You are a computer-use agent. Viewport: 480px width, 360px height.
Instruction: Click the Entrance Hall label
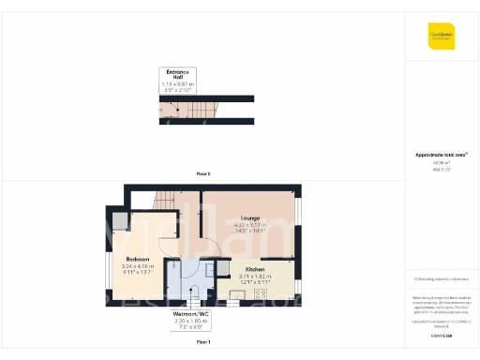click(x=178, y=74)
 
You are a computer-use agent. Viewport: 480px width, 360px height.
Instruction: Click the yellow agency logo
click(x=442, y=35)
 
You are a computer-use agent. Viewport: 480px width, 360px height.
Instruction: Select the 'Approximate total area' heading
click(x=442, y=155)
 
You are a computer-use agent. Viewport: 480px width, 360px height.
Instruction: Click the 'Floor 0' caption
click(x=202, y=174)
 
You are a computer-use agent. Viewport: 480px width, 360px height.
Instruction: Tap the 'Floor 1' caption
click(x=202, y=343)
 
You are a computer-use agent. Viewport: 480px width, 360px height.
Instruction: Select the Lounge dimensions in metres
click(x=250, y=224)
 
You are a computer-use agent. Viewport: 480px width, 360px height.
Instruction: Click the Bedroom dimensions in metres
click(x=136, y=265)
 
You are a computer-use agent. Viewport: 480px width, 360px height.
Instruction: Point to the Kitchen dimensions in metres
click(x=253, y=276)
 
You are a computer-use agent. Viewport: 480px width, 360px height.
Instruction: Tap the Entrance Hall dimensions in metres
click(x=178, y=84)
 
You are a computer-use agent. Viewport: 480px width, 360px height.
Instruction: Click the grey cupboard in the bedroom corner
click(x=121, y=220)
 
